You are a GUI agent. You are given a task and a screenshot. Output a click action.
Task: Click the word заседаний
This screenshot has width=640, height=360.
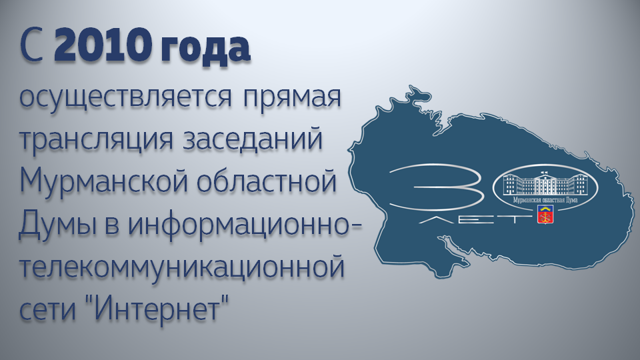(253, 138)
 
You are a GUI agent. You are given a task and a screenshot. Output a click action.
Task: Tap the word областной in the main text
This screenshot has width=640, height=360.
(267, 181)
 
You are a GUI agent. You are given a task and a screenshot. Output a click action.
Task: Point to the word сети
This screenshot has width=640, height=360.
(48, 309)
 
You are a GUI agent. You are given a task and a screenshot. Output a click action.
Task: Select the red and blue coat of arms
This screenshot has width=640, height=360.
(545, 214)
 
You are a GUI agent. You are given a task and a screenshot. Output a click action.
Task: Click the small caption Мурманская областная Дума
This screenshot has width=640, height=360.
(545, 199)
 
